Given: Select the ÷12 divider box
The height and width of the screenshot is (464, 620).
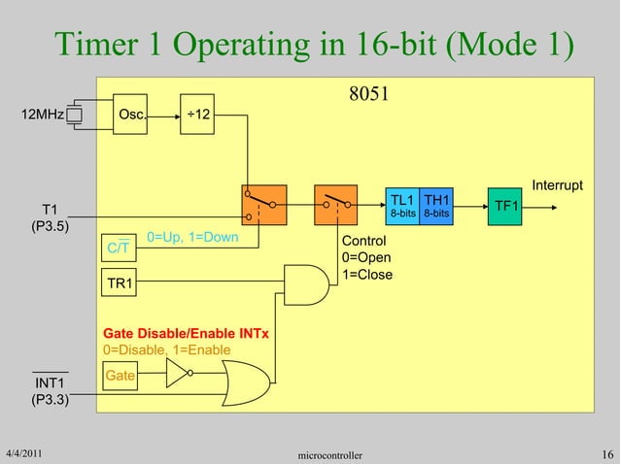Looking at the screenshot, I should pyautogui.click(x=201, y=116).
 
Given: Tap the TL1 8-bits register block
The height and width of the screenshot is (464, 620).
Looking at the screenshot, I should pyautogui.click(x=402, y=204).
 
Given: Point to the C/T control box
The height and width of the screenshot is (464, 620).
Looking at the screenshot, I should pyautogui.click(x=121, y=249).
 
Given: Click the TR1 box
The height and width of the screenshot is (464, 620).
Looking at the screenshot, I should pyautogui.click(x=121, y=283).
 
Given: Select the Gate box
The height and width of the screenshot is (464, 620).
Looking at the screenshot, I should pyautogui.click(x=121, y=374).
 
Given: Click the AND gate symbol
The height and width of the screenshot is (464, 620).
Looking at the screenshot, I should pyautogui.click(x=306, y=283).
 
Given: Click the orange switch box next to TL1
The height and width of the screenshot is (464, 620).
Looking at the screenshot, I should pyautogui.click(x=337, y=205).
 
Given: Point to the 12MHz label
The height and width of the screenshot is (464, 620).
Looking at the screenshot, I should pyautogui.click(x=44, y=116).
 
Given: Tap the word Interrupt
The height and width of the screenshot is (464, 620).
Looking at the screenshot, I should pyautogui.click(x=557, y=184).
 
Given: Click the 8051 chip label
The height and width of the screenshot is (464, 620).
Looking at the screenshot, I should pyautogui.click(x=369, y=95).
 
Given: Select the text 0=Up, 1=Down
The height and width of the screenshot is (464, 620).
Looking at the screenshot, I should pyautogui.click(x=192, y=238).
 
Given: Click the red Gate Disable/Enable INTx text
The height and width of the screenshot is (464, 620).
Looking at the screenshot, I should pyautogui.click(x=186, y=334).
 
